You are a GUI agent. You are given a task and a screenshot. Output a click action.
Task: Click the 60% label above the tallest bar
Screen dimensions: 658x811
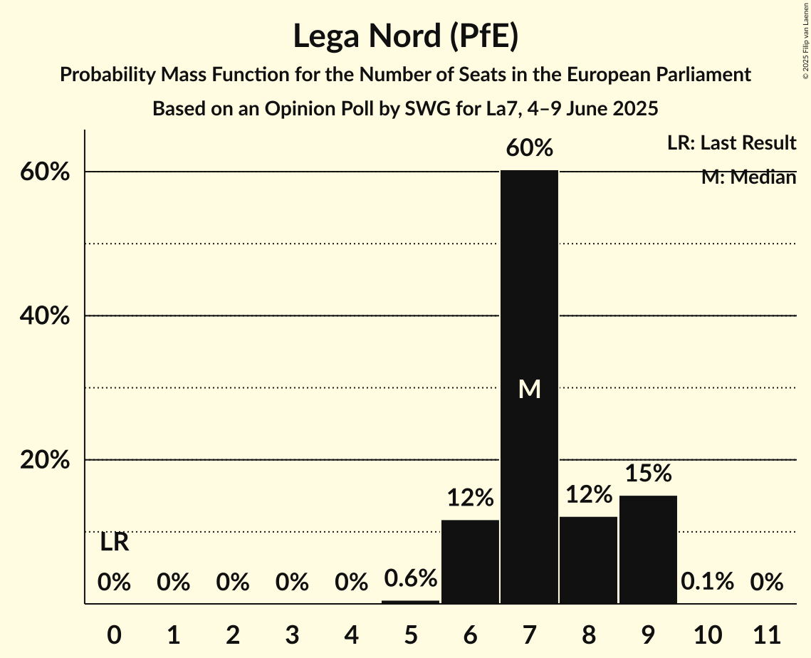[x=529, y=149]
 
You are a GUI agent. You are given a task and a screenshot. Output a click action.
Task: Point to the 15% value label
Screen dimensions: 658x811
[x=648, y=474]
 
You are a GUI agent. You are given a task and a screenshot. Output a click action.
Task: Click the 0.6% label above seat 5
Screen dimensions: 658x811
[x=410, y=578]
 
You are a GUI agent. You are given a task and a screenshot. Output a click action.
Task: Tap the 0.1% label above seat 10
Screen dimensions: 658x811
[x=707, y=582]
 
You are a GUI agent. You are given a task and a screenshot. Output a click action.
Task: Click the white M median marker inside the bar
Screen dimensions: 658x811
[x=529, y=390]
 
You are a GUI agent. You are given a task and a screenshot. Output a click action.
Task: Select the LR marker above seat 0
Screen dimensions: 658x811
[x=114, y=543]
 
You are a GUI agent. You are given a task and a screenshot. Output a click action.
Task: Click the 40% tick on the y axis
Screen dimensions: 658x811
[x=49, y=316]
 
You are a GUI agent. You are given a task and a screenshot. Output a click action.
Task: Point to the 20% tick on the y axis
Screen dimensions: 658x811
[x=49, y=461]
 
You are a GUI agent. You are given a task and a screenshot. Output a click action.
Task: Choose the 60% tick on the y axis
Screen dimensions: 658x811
[x=49, y=172]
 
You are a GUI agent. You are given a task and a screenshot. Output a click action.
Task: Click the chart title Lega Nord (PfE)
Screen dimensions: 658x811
[x=405, y=36]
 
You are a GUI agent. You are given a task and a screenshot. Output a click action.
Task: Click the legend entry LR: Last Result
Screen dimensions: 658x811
[x=731, y=143]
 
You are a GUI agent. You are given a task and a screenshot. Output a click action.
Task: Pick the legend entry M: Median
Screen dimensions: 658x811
[x=748, y=177]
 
